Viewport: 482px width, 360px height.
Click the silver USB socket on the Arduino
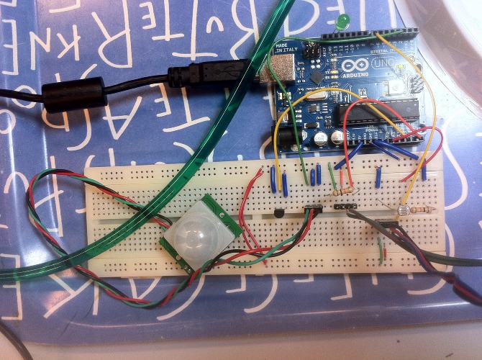pos(278,71)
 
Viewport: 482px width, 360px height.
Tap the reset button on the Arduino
pos(399,87)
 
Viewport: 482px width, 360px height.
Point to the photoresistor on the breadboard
pos(401,212)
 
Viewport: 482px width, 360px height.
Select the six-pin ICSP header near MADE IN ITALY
pos(312,50)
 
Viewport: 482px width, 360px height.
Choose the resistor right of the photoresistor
pos(421,210)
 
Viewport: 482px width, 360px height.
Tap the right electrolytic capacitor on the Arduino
pos(336,136)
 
